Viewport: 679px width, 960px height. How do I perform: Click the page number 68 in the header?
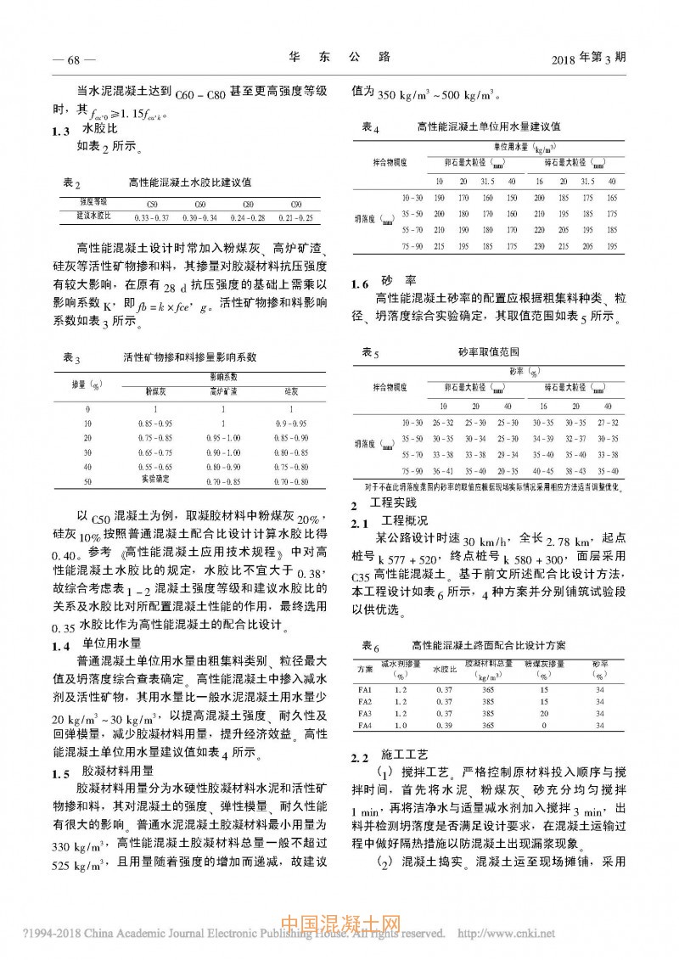(x=73, y=59)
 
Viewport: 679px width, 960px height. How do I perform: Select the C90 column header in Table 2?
(x=295, y=205)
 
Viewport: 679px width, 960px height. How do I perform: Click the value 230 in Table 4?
(x=539, y=245)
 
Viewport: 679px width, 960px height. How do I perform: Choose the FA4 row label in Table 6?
(x=365, y=726)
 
